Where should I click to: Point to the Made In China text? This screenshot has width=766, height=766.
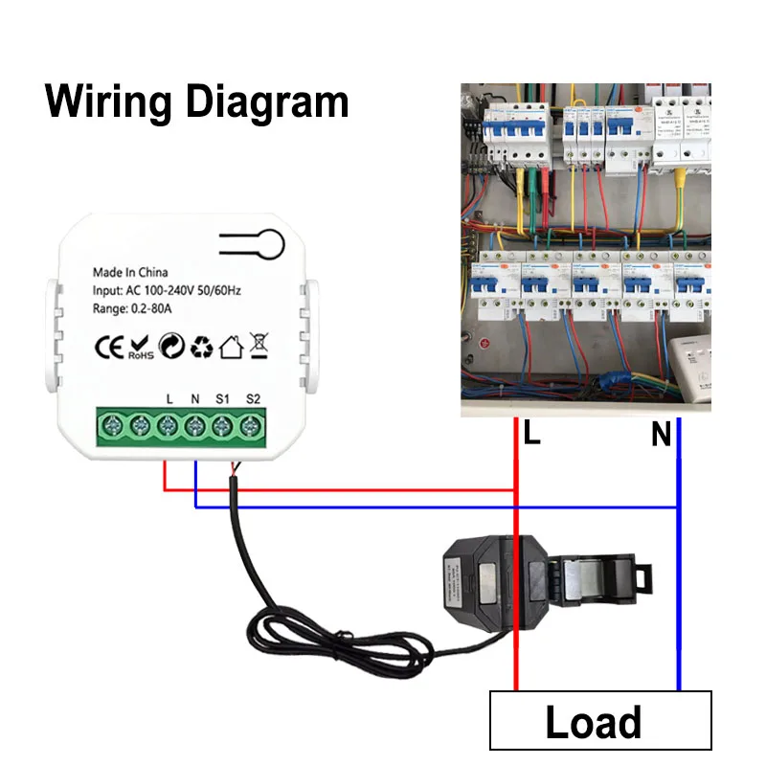click(130, 273)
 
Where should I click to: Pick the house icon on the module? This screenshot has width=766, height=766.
click(229, 346)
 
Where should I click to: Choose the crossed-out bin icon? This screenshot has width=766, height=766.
click(258, 346)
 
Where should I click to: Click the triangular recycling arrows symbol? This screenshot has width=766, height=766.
click(201, 346)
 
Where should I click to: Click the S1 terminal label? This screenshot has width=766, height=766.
click(223, 398)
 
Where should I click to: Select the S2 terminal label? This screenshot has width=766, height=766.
click(253, 398)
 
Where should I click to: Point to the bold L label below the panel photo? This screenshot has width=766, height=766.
click(532, 435)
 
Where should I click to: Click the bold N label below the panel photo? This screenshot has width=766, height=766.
click(661, 436)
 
